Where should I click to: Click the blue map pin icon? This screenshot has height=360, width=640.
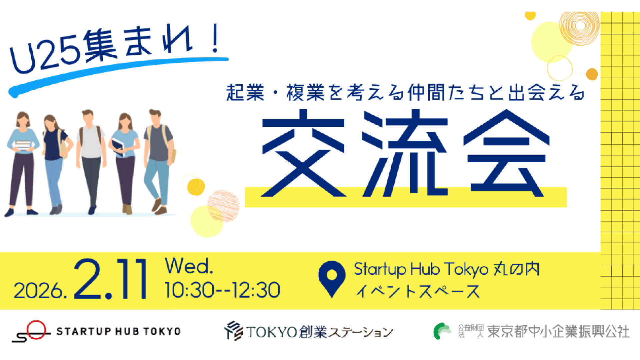pyautogui.click(x=331, y=279)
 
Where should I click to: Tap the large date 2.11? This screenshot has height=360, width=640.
pyautogui.click(x=110, y=279)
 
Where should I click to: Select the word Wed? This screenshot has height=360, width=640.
pyautogui.click(x=189, y=266)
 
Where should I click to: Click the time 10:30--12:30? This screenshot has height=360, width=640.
pyautogui.click(x=222, y=290)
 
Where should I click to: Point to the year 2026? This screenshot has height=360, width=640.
pyautogui.click(x=40, y=291)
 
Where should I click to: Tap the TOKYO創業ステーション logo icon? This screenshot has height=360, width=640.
pyautogui.click(x=234, y=331)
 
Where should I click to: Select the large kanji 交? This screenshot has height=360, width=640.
pyautogui.click(x=303, y=153)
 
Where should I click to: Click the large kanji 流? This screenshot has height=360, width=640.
pyautogui.click(x=405, y=153)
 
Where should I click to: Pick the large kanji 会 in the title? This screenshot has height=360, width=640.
pyautogui.click(x=506, y=153)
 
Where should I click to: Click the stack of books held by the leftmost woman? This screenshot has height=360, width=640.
pyautogui.click(x=23, y=146)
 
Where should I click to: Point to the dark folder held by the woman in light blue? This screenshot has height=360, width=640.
pyautogui.click(x=118, y=147)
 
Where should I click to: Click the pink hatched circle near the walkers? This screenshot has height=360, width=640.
pyautogui.click(x=223, y=206)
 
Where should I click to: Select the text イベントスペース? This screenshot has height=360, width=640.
pyautogui.click(x=418, y=291)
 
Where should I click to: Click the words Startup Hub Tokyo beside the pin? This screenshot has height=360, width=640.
pyautogui.click(x=421, y=269)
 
